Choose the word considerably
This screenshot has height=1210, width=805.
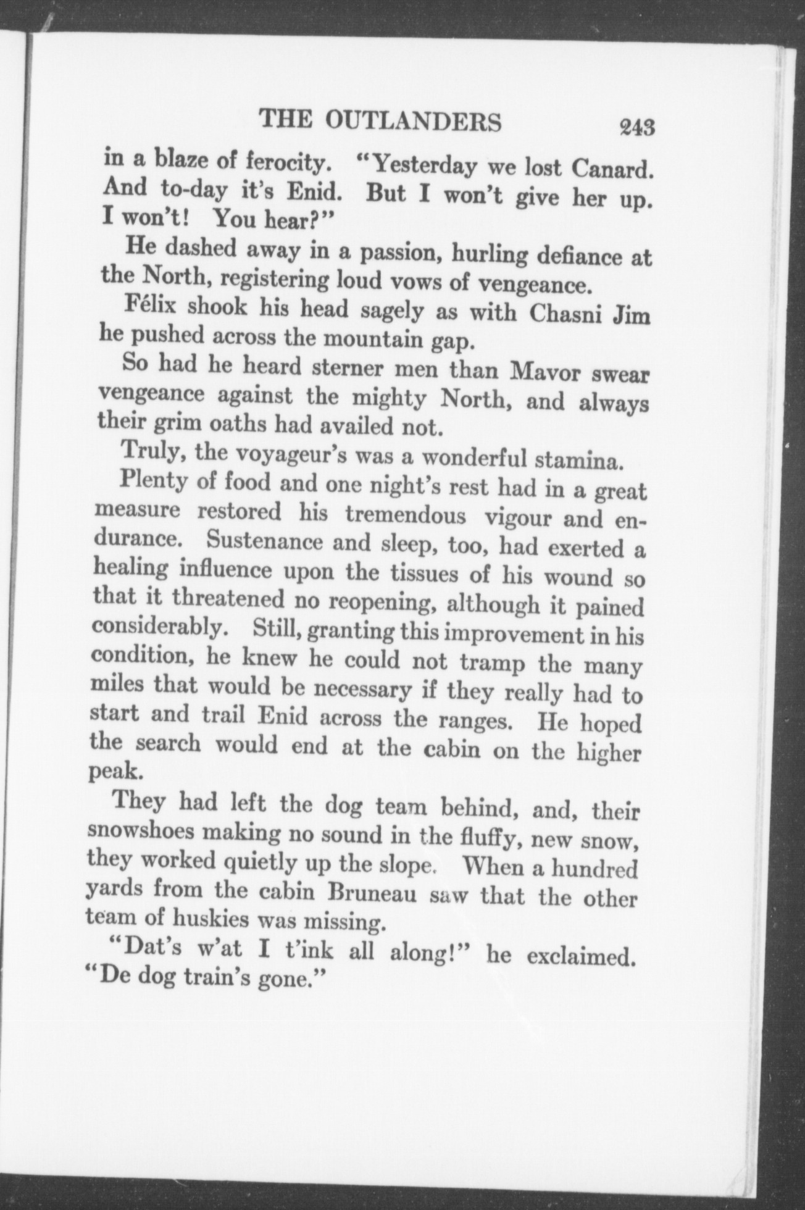tap(157, 626)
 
